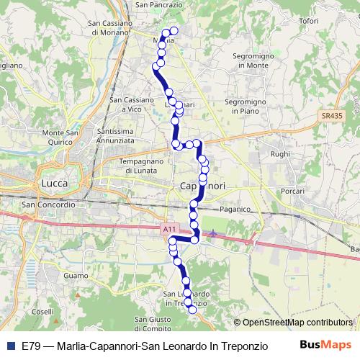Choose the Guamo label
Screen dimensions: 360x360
(x=75, y=276)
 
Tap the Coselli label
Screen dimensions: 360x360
(x=42, y=311)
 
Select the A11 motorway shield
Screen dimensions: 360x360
(x=168, y=229)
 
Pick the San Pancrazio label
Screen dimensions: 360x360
(x=158, y=5)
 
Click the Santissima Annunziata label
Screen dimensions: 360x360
(x=123, y=137)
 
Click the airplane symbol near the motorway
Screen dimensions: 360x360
(x=214, y=233)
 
